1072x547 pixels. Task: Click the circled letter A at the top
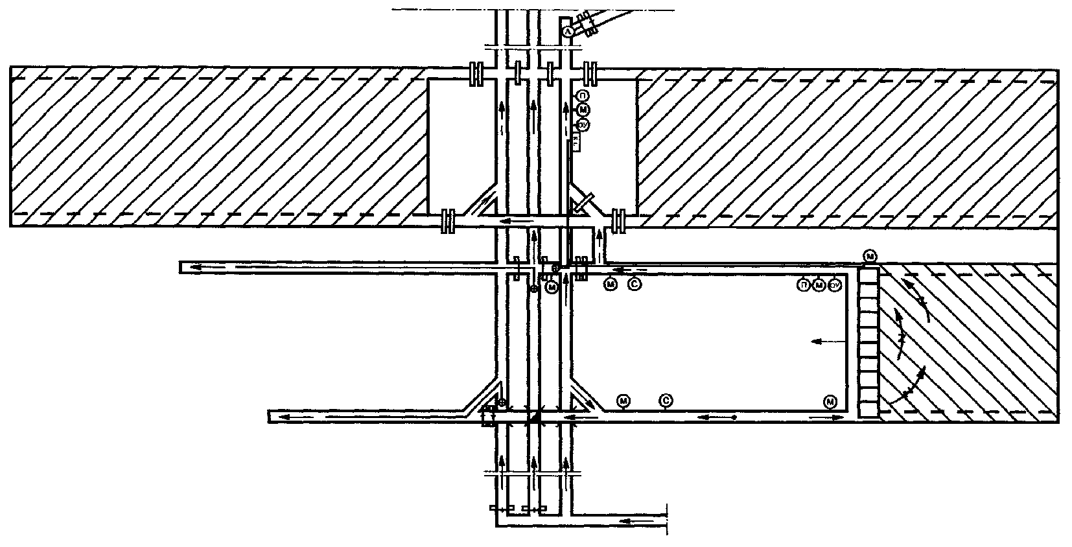pos(568,30)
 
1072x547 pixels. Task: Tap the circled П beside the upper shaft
pos(581,97)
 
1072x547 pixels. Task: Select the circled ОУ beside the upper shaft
pos(581,125)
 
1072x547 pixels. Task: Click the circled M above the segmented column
pos(870,257)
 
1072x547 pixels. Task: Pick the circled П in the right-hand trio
pos(804,285)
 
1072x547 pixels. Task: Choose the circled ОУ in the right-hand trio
pos(835,285)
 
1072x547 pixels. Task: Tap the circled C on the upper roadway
pos(635,283)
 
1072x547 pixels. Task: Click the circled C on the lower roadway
pos(666,401)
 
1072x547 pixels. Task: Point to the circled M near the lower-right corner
pos(830,402)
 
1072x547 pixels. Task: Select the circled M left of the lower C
pos(623,401)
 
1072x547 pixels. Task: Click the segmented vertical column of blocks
pos(868,343)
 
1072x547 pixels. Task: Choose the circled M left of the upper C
pos(610,283)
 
